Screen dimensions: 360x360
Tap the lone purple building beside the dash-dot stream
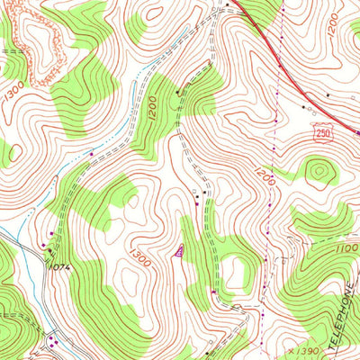(91, 155)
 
